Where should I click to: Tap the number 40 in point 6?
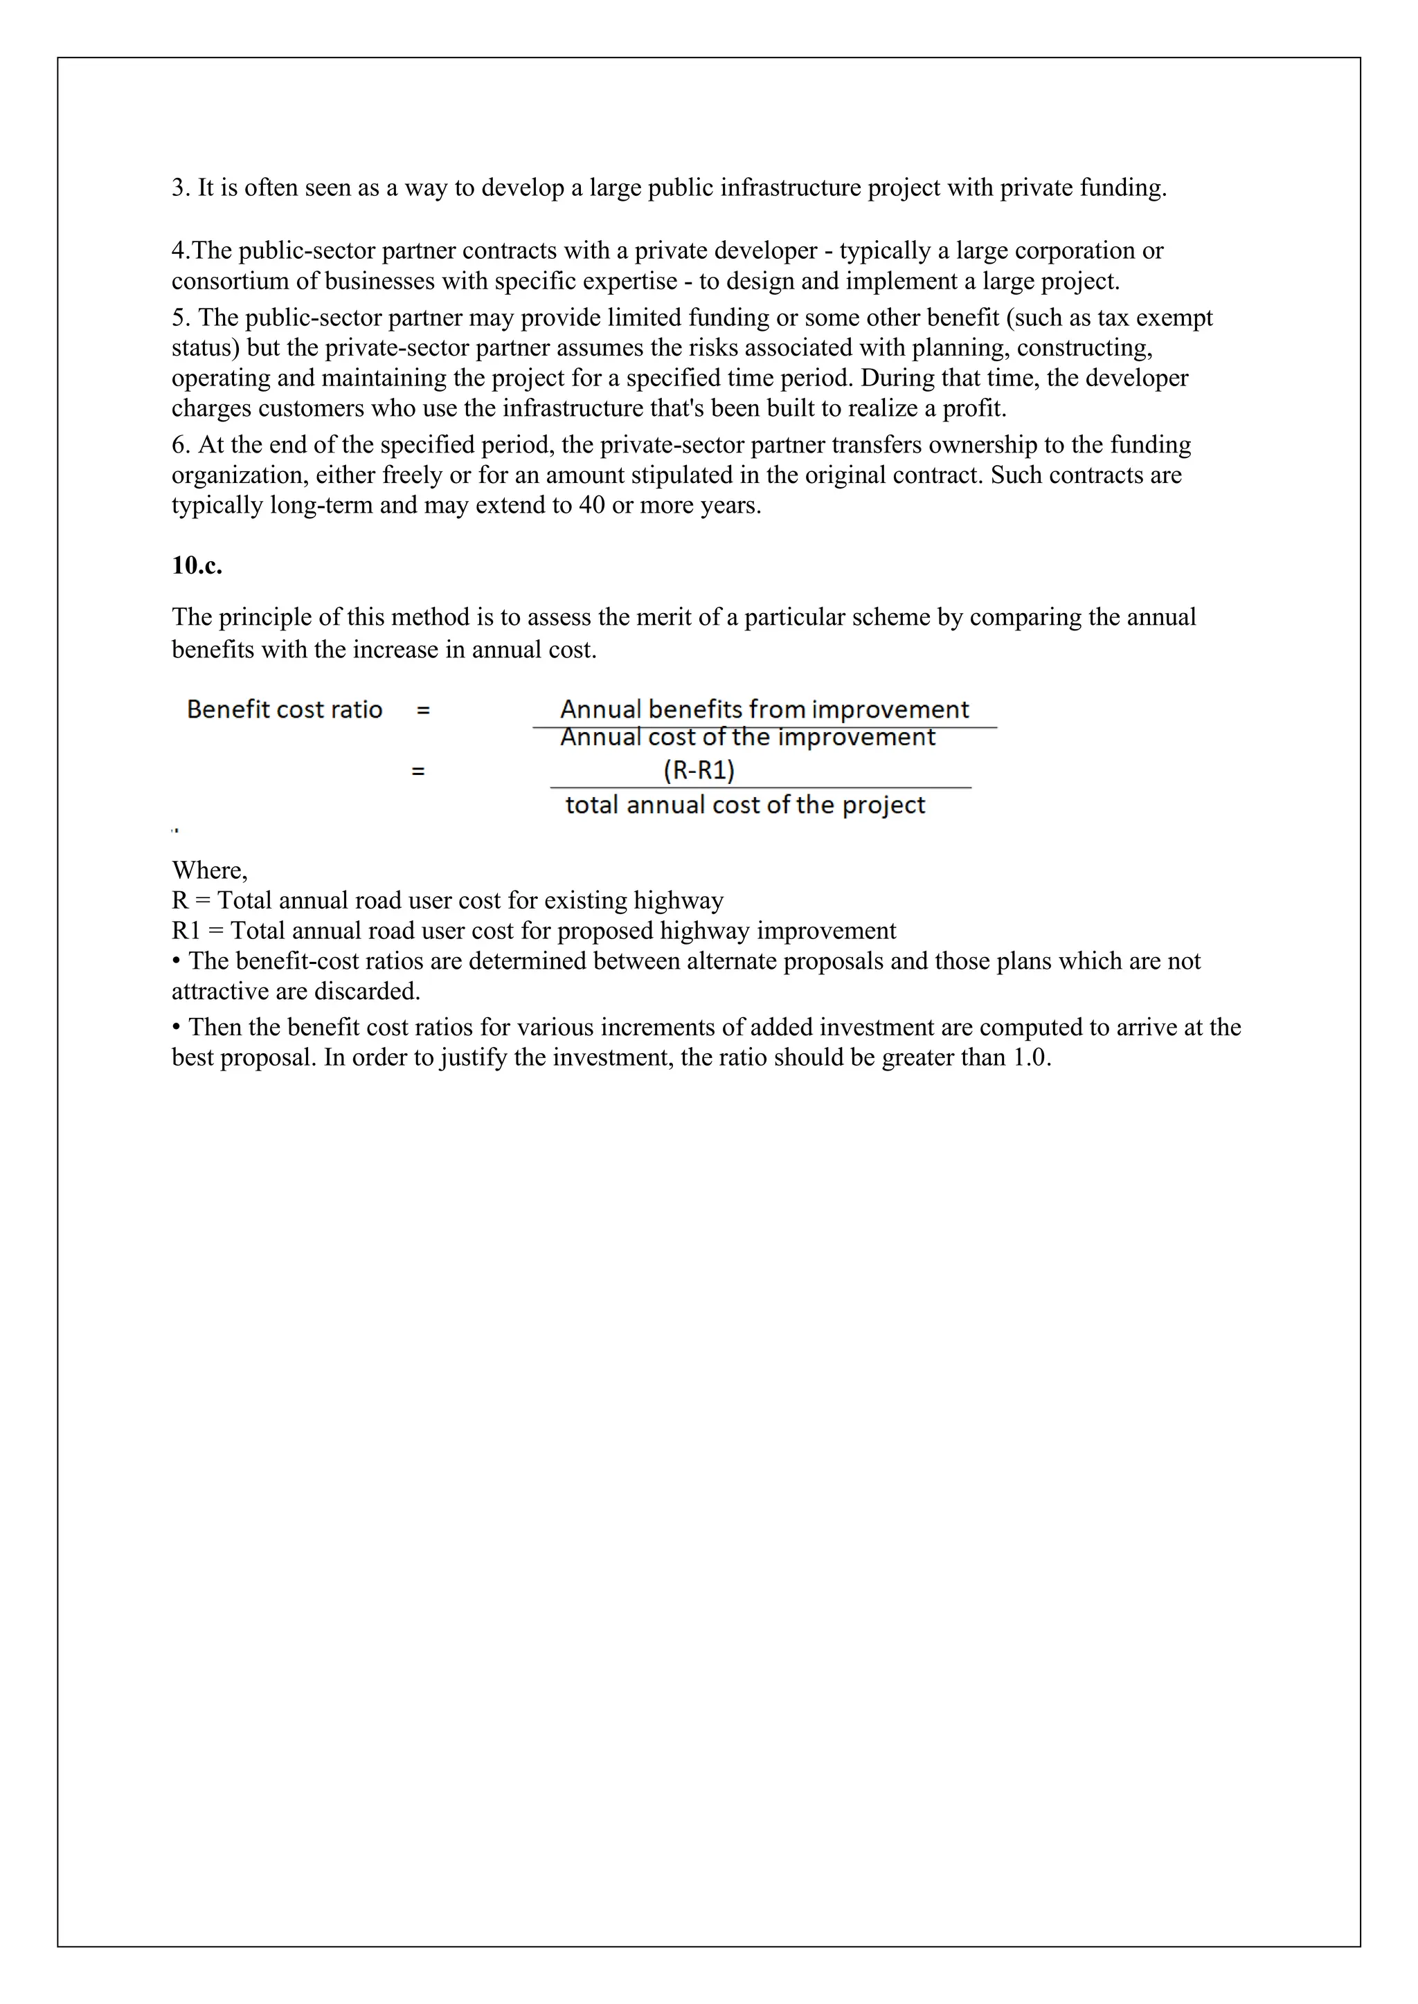click(591, 505)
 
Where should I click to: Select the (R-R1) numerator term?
click(699, 769)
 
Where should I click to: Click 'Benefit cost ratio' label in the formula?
click(284, 709)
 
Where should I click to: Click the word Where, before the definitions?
click(210, 871)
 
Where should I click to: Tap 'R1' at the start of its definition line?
click(186, 931)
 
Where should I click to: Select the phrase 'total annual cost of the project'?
click(745, 805)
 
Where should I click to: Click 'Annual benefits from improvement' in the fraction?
click(764, 709)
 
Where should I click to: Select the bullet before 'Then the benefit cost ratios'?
click(177, 1028)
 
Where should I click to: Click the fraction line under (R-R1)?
click(760, 787)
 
